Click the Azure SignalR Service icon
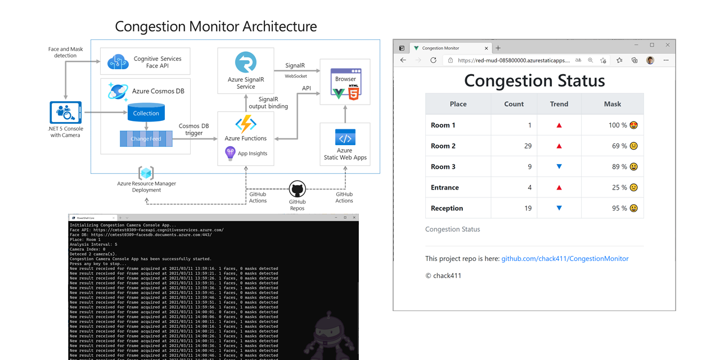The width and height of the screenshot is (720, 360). pyautogui.click(x=245, y=63)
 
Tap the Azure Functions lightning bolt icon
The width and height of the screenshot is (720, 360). pyautogui.click(x=246, y=124)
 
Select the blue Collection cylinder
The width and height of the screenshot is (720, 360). pyautogui.click(x=146, y=112)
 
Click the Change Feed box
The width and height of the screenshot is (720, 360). pyautogui.click(x=146, y=138)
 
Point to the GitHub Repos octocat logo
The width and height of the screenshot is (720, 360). pyautogui.click(x=297, y=189)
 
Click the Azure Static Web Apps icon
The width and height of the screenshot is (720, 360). pyautogui.click(x=345, y=137)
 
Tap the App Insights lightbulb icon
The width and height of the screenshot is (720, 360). pyautogui.click(x=230, y=153)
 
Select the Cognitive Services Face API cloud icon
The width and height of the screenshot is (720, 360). pyautogui.click(x=118, y=62)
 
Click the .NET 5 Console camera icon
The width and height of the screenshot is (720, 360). pyautogui.click(x=66, y=112)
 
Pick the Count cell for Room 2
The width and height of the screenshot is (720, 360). pyautogui.click(x=514, y=146)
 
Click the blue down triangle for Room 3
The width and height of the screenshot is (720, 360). pyautogui.click(x=559, y=166)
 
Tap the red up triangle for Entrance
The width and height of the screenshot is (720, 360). pyautogui.click(x=559, y=187)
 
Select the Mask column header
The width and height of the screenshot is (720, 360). pyautogui.click(x=613, y=104)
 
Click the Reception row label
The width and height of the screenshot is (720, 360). pyautogui.click(x=447, y=208)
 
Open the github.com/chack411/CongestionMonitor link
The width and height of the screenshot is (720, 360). pyautogui.click(x=565, y=259)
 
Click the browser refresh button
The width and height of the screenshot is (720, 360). pyautogui.click(x=433, y=60)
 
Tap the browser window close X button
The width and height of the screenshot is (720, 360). pyautogui.click(x=668, y=45)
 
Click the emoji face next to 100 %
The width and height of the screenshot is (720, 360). pyautogui.click(x=633, y=125)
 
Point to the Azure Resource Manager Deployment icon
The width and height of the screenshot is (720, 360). pyautogui.click(x=146, y=173)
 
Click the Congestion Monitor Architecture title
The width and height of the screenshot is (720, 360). pyautogui.click(x=216, y=26)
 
